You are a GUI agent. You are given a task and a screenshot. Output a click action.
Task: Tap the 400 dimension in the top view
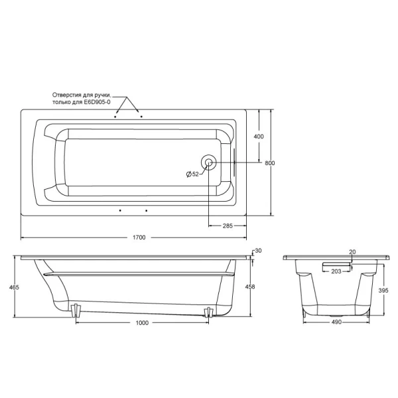point(259,136)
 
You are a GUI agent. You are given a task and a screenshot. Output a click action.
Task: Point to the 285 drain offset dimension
point(227,226)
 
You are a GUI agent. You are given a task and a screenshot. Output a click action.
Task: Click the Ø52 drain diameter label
point(192,174)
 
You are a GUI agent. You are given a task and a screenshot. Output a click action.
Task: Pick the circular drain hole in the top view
point(208,162)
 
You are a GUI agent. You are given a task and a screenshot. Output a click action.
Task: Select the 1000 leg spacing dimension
point(140,323)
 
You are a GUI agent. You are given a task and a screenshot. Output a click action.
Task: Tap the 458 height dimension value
point(250,287)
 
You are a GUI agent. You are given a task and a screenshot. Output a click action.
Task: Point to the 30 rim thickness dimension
point(259,250)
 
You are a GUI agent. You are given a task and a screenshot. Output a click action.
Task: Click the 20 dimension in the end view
point(352,252)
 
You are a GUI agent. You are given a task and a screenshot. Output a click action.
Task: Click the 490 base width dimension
point(336,323)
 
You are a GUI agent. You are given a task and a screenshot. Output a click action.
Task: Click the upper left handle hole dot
point(116,115)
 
